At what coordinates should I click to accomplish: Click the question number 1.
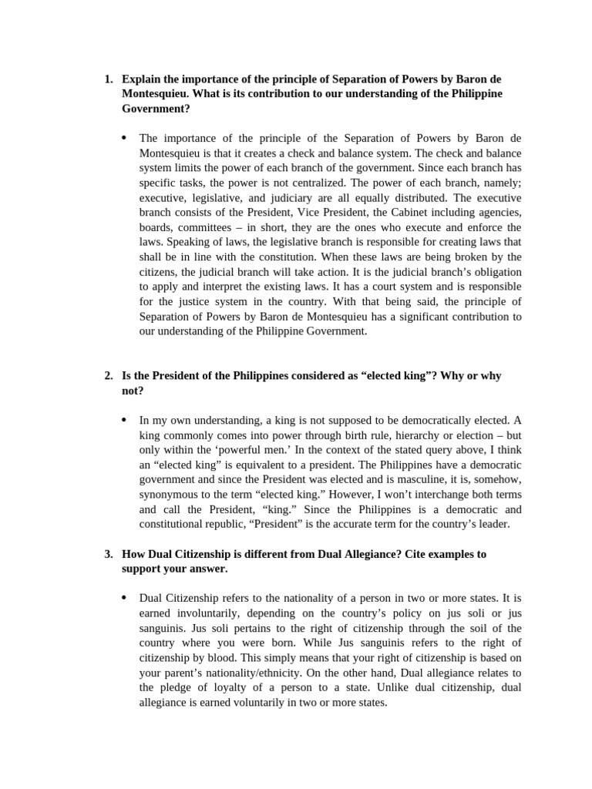click(x=108, y=79)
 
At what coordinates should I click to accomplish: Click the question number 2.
click(x=108, y=376)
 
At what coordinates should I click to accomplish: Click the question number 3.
click(x=108, y=554)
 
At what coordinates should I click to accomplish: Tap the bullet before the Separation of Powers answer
click(x=125, y=138)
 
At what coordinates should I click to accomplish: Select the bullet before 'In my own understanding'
click(x=125, y=420)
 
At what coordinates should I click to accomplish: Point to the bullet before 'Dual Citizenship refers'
click(x=125, y=598)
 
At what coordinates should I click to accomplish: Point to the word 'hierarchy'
click(x=355, y=435)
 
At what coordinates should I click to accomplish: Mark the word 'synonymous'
click(x=170, y=494)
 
